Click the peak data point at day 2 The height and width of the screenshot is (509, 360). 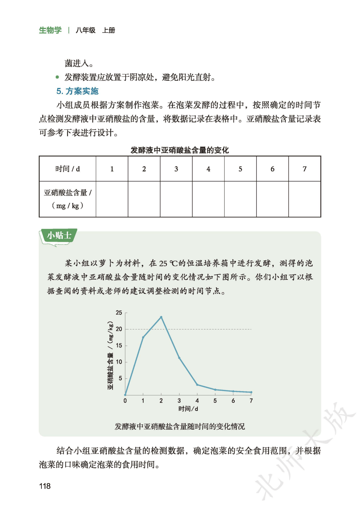pyautogui.click(x=161, y=317)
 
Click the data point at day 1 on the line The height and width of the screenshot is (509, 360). pyautogui.click(x=143, y=337)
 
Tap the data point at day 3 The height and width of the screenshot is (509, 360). pyautogui.click(x=179, y=358)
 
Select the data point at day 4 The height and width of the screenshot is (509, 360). pyautogui.click(x=197, y=385)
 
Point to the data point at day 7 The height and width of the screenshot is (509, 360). pyautogui.click(x=251, y=392)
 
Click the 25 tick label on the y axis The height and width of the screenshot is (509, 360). pyautogui.click(x=119, y=313)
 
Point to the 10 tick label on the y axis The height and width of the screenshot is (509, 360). pyautogui.click(x=119, y=362)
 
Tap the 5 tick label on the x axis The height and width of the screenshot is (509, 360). pyautogui.click(x=215, y=401)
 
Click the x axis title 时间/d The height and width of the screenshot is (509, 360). pyautogui.click(x=188, y=409)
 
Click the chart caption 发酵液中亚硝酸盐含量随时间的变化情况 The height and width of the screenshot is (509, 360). pyautogui.click(x=180, y=426)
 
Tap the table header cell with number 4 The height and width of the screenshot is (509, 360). pyautogui.click(x=208, y=169)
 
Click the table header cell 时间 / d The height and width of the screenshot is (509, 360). pyautogui.click(x=68, y=169)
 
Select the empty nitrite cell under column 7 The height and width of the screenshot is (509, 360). pyautogui.click(x=304, y=199)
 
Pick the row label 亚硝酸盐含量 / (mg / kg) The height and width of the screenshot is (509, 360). pyautogui.click(x=68, y=199)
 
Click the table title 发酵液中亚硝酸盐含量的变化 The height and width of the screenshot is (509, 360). pyautogui.click(x=180, y=150)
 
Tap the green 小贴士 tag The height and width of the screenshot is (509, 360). pyautogui.click(x=59, y=236)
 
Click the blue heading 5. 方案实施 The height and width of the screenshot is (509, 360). pyautogui.click(x=78, y=91)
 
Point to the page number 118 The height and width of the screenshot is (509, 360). pyautogui.click(x=45, y=486)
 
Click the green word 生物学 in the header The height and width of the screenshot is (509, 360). pyautogui.click(x=50, y=30)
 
